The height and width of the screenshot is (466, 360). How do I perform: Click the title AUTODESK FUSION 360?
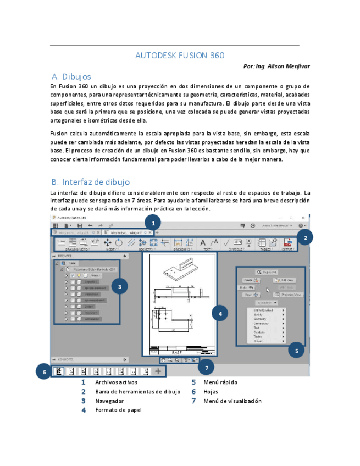click(x=180, y=56)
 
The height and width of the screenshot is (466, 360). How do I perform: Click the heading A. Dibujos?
click(x=71, y=76)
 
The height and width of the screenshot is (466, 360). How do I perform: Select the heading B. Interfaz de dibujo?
click(x=90, y=181)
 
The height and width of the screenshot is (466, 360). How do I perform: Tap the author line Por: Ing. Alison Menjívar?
click(x=276, y=66)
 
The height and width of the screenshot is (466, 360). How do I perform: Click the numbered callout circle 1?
click(x=153, y=223)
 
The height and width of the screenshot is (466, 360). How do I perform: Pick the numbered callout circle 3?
click(x=120, y=286)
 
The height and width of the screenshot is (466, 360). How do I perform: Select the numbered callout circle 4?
click(x=220, y=314)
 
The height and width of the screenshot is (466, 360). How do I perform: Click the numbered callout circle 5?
click(x=296, y=350)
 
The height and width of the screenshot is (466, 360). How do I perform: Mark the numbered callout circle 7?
click(x=207, y=367)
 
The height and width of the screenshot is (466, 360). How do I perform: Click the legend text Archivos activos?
click(x=116, y=382)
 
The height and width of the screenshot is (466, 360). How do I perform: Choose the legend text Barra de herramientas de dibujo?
click(x=137, y=391)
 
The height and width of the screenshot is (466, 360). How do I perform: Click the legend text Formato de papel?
click(x=118, y=410)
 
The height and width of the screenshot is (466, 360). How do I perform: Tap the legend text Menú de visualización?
click(x=232, y=401)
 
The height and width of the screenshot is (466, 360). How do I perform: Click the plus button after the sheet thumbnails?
click(x=158, y=371)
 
